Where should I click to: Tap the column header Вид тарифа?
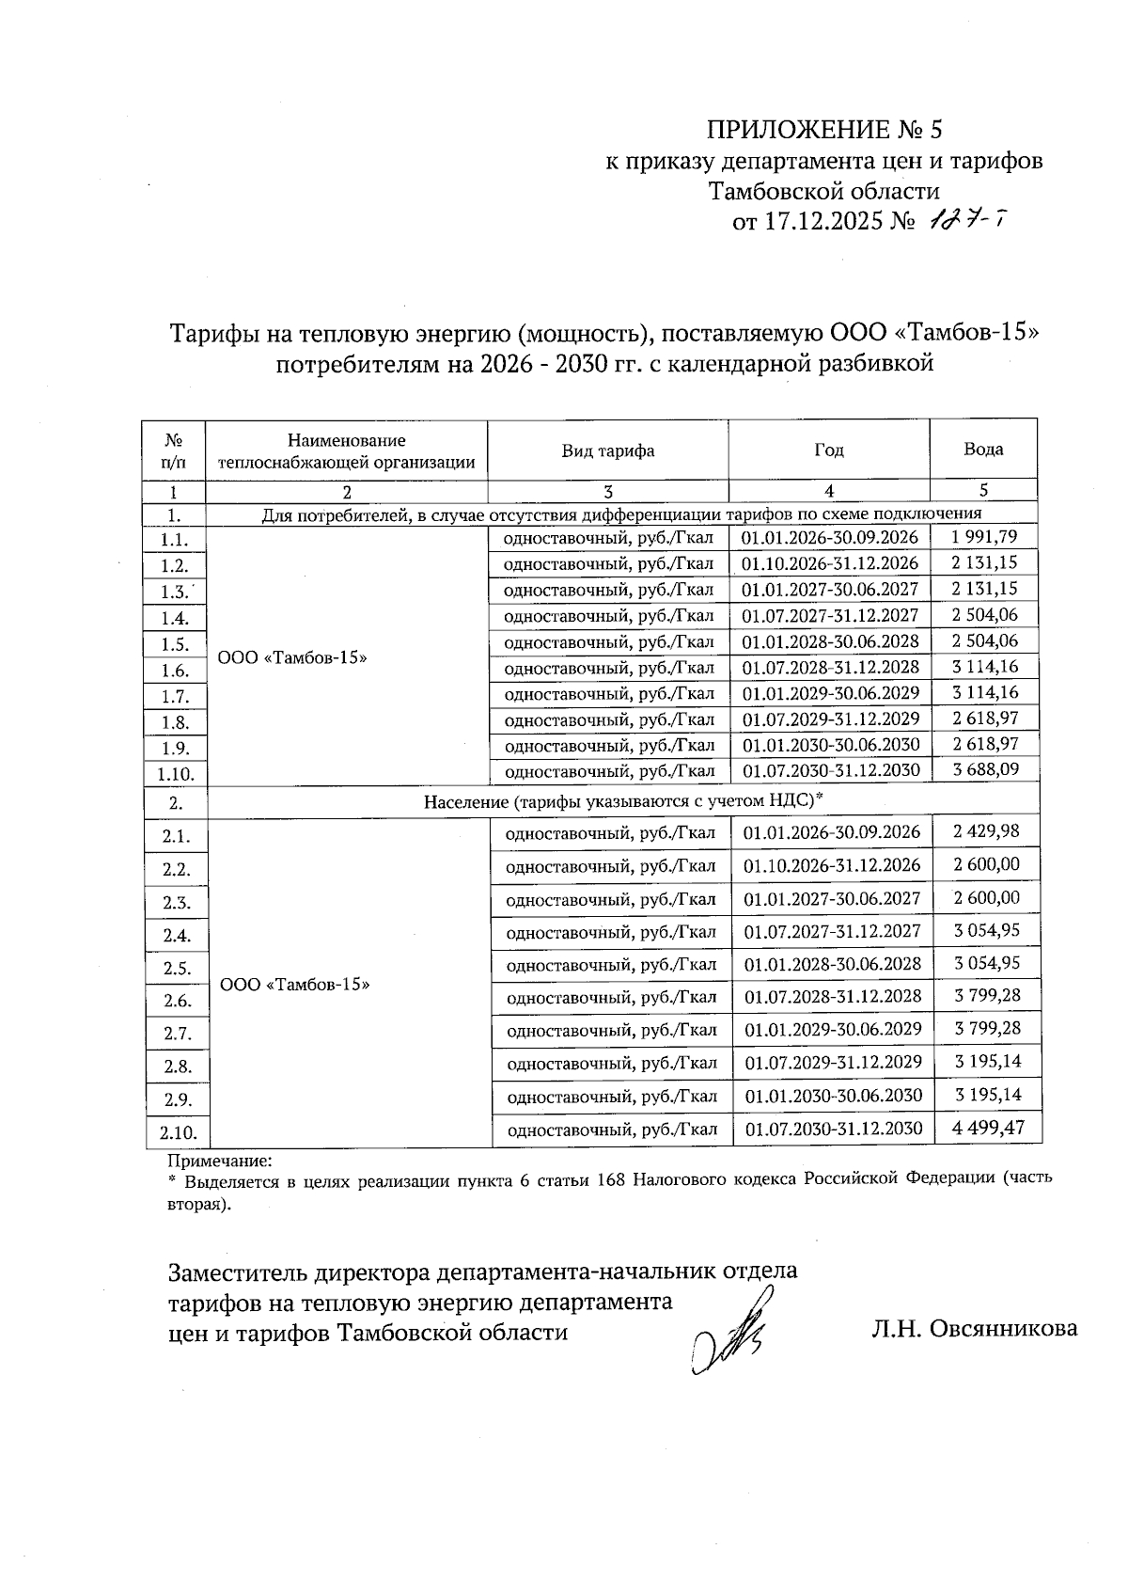point(607,450)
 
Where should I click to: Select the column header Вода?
point(982,449)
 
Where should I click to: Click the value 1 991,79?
point(983,537)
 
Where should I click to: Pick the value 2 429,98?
point(985,831)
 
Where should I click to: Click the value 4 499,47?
point(987,1127)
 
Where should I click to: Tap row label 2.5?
point(177,968)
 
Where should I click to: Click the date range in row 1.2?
point(829,563)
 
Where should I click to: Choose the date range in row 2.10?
point(833,1129)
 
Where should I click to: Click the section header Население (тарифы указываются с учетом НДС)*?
point(622,800)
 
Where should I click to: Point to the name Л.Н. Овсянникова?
point(974,1328)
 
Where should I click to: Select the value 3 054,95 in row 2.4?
point(986,930)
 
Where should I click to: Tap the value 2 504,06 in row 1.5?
point(983,640)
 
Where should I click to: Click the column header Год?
point(828,450)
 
